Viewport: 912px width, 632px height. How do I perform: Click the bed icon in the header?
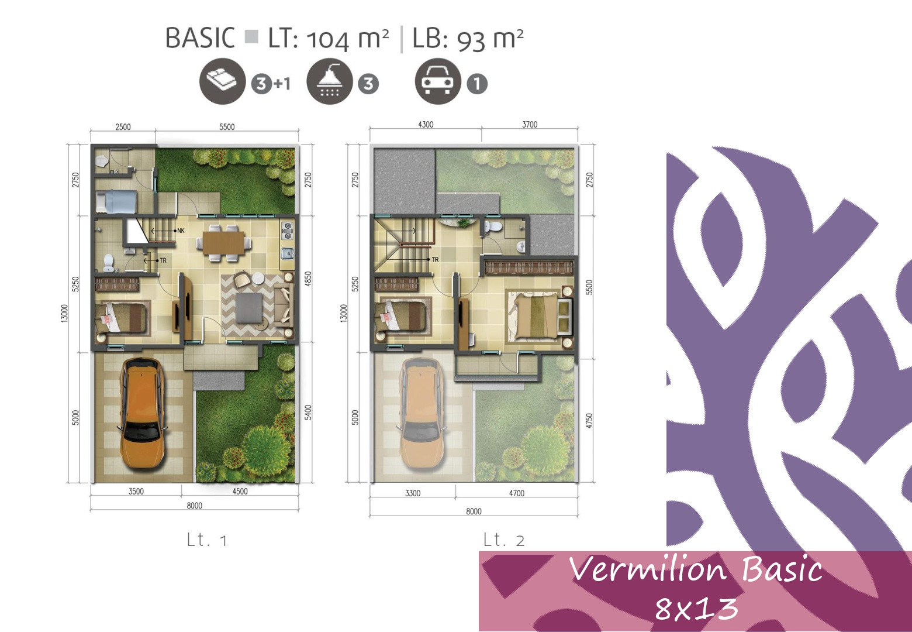[x=222, y=81]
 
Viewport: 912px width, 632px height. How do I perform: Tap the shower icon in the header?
[x=329, y=81]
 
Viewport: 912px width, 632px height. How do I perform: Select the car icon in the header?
[x=438, y=81]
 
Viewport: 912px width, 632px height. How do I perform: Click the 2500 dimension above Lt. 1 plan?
[x=123, y=127]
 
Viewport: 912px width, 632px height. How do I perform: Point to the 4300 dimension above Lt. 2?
[x=426, y=124]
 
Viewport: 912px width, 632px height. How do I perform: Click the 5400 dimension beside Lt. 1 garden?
[x=308, y=413]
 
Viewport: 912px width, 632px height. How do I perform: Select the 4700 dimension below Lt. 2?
[x=517, y=493]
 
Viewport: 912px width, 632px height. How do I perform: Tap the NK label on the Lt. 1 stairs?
[x=181, y=231]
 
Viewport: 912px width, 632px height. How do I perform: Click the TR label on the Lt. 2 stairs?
[x=435, y=260]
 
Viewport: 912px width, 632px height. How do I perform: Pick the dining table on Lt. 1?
[x=224, y=243]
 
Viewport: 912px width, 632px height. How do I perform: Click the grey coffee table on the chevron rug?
[x=249, y=308]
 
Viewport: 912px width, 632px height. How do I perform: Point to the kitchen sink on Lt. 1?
[x=288, y=253]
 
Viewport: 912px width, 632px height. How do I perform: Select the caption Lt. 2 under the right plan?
[x=503, y=540]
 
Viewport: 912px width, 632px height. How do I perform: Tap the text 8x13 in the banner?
[x=696, y=609]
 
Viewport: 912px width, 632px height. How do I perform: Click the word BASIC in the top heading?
[x=200, y=38]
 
